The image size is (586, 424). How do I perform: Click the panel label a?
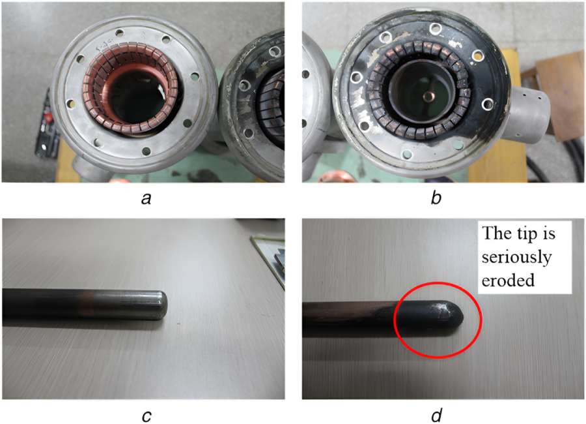(x=146, y=198)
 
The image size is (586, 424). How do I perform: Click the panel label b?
(x=436, y=198)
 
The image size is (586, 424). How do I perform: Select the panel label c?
(x=146, y=416)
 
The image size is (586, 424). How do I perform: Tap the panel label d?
(x=436, y=415)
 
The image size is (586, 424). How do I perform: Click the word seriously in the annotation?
(x=516, y=257)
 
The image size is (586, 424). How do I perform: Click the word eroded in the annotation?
(x=508, y=280)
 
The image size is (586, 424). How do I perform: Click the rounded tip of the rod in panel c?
(x=161, y=305)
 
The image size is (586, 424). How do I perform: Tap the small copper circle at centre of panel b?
(x=427, y=97)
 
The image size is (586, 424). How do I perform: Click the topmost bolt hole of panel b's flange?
(x=436, y=28)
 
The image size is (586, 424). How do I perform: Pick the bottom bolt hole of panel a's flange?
(x=146, y=151)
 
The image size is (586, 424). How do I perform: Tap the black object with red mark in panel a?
(x=48, y=123)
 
